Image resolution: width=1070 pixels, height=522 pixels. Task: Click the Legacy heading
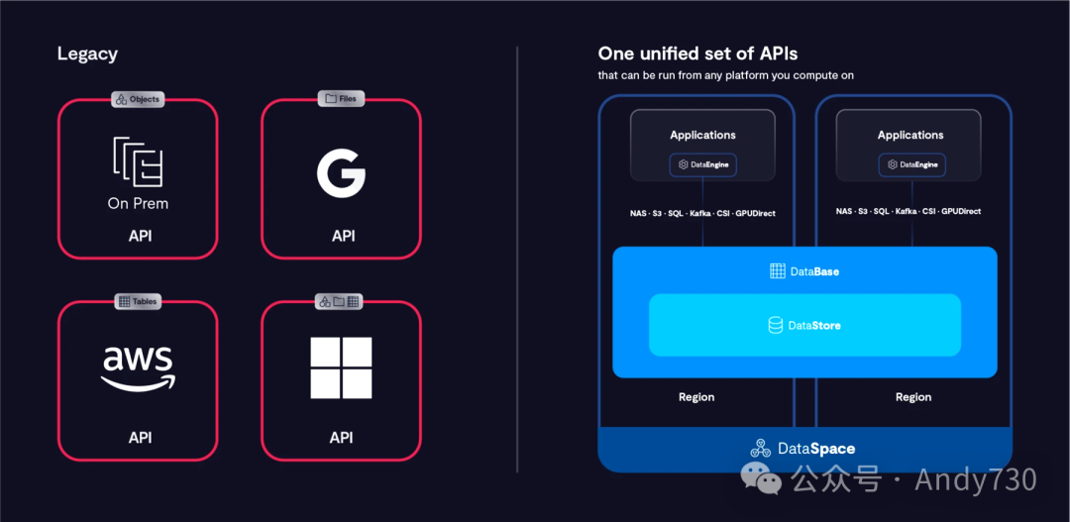[x=87, y=54]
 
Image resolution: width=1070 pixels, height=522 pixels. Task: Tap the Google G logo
[x=341, y=174]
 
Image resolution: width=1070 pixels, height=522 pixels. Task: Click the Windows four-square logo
[x=341, y=367]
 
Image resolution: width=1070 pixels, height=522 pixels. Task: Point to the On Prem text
[x=138, y=204]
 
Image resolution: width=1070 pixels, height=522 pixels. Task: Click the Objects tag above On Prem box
[x=138, y=99]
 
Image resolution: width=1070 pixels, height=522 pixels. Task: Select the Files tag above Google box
[x=341, y=99]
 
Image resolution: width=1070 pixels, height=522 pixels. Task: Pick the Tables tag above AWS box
[x=138, y=301]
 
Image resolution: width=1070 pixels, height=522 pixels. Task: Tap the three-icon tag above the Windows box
[x=341, y=301]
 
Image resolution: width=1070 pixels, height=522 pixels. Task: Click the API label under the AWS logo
[x=140, y=438]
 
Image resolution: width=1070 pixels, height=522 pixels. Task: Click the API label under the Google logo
[x=343, y=236]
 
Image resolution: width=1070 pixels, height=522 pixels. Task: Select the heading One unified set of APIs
[x=697, y=53]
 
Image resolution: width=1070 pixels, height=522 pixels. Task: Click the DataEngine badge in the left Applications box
[x=703, y=164]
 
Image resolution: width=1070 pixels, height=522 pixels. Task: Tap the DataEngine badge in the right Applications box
[x=911, y=164]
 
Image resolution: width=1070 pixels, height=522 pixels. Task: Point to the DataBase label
[x=804, y=271]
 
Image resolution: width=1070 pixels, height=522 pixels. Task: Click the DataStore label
[x=804, y=325]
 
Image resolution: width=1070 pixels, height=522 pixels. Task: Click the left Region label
[x=696, y=397]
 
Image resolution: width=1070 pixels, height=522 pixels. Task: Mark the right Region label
[x=913, y=397]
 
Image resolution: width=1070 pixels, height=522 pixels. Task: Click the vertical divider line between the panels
[x=517, y=258]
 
